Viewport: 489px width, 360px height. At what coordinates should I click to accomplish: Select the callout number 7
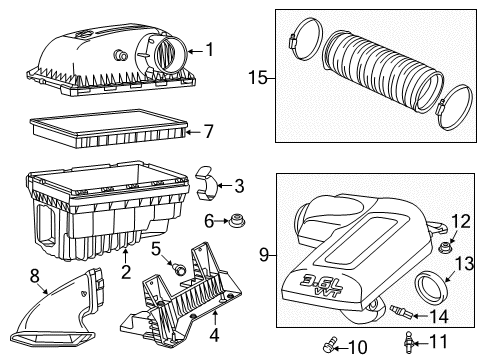tap(209, 131)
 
